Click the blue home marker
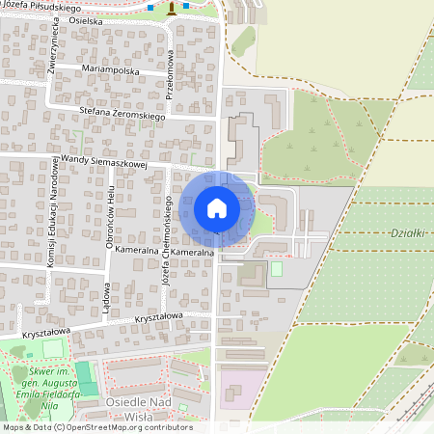pyautogui.click(x=217, y=208)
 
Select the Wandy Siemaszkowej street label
pyautogui.click(x=103, y=161)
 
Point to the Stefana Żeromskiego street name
pyautogui.click(x=123, y=113)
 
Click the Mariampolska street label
pyautogui.click(x=112, y=71)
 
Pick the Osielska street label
pyautogui.click(x=86, y=20)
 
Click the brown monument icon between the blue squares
pyautogui.click(x=173, y=8)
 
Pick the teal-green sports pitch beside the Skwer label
pyautogui.click(x=87, y=376)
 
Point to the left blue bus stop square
pyautogui.click(x=150, y=8)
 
